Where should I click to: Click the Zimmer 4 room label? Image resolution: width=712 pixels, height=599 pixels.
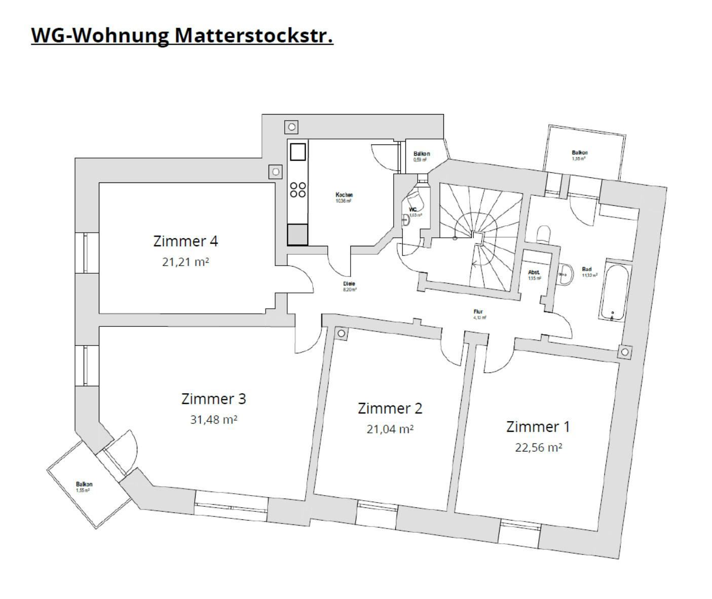click(x=185, y=241)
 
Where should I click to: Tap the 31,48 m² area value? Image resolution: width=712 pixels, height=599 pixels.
click(x=214, y=420)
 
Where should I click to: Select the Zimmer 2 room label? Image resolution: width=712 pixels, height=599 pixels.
click(x=390, y=408)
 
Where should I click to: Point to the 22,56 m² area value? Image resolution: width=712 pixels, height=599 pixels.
click(x=538, y=447)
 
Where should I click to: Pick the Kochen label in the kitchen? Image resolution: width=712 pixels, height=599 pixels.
click(x=344, y=195)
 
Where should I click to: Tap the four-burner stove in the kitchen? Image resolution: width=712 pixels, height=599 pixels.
click(x=298, y=190)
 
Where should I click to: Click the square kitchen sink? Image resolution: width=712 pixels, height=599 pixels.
click(x=298, y=152)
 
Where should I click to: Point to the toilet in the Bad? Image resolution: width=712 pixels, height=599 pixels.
click(x=543, y=234)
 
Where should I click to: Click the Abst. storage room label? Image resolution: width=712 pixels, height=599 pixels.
click(x=534, y=272)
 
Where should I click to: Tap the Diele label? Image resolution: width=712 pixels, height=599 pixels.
click(x=349, y=284)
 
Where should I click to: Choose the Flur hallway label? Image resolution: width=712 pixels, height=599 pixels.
click(x=478, y=312)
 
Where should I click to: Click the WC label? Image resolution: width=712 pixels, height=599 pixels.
click(x=413, y=209)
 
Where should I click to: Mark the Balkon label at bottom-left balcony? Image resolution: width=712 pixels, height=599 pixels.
click(x=84, y=484)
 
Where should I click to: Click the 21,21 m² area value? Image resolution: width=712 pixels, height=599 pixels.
click(x=185, y=262)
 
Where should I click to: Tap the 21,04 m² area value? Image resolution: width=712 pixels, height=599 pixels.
click(x=390, y=429)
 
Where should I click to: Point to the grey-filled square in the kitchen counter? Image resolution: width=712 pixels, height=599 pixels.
click(x=298, y=235)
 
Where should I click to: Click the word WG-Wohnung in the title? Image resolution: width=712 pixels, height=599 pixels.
click(x=100, y=36)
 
